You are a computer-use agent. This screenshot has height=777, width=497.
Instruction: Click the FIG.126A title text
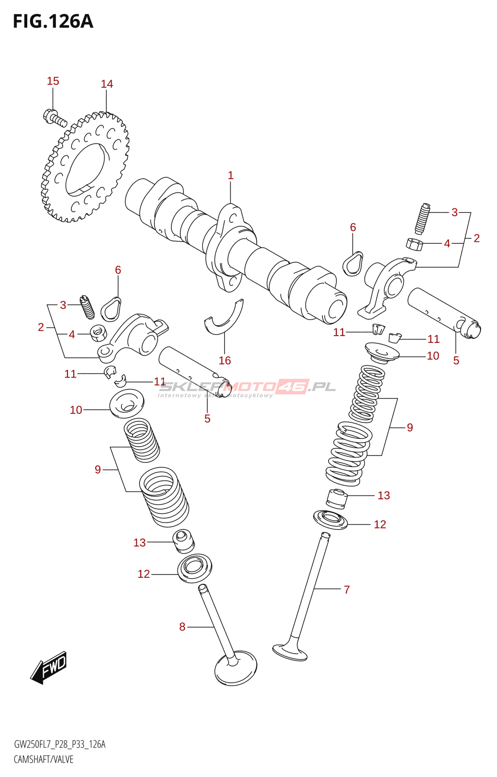(x=52, y=22)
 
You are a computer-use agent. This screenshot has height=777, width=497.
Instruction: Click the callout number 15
(x=53, y=81)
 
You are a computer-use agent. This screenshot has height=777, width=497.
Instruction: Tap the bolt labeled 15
(x=53, y=117)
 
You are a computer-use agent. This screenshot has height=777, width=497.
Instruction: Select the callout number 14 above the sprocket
(x=107, y=84)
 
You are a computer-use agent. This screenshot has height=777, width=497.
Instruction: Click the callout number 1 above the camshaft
(x=231, y=175)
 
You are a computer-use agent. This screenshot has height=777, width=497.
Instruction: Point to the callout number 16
(x=225, y=360)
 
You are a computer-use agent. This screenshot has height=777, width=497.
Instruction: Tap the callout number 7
(x=347, y=590)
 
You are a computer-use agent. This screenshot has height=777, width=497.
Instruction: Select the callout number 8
(x=182, y=627)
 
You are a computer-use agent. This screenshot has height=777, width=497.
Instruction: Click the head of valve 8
(x=235, y=669)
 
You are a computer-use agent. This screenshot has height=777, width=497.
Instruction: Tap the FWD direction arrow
(x=49, y=668)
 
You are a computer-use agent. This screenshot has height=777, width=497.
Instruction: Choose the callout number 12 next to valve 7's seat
(x=380, y=524)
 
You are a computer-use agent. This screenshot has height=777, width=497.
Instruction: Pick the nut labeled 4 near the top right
(x=414, y=244)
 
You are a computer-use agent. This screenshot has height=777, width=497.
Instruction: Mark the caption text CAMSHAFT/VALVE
(x=44, y=760)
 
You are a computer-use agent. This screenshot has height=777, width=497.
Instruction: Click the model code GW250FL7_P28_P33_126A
(x=60, y=744)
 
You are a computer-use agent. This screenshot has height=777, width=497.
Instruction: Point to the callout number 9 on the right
(x=410, y=428)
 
